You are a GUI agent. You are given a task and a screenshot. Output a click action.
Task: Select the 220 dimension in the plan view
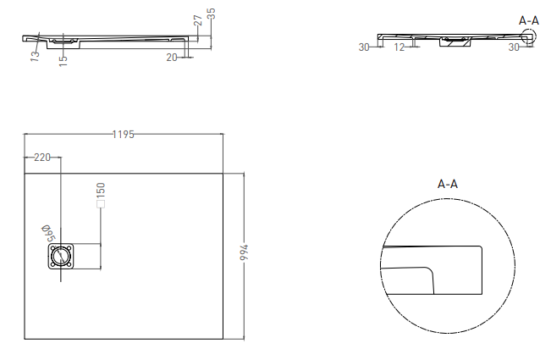[42, 158]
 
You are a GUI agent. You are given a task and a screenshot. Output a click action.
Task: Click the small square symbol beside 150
[100, 204]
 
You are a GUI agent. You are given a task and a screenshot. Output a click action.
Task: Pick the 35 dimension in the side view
[212, 14]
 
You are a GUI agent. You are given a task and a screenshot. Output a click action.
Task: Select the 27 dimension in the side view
[197, 20]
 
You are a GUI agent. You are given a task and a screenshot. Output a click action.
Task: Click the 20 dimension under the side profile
[172, 57]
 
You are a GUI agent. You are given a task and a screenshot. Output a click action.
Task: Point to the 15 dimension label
[63, 61]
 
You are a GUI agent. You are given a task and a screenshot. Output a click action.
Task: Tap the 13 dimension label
[34, 57]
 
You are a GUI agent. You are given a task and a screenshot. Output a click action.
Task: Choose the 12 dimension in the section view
[399, 47]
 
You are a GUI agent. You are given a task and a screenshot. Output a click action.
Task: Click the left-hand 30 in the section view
[364, 47]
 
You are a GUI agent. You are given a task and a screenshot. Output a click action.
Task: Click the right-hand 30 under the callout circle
[513, 47]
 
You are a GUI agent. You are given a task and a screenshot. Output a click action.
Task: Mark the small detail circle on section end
[530, 35]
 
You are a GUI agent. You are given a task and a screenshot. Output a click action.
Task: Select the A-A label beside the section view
[529, 19]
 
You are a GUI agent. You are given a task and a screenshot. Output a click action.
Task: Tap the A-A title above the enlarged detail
[448, 184]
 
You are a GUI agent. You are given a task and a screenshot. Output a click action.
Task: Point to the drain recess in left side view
[65, 40]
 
